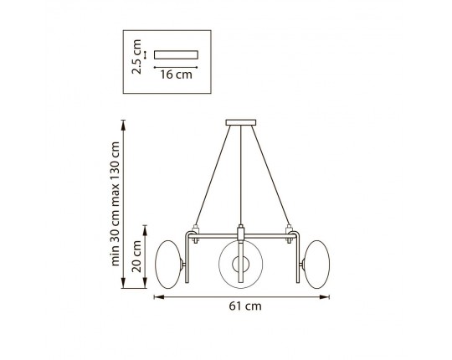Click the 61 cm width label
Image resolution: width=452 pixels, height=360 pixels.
245,306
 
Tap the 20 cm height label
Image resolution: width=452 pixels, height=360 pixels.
136,256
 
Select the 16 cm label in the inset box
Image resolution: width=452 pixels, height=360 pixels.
176,75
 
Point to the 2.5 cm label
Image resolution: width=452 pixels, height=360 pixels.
136,57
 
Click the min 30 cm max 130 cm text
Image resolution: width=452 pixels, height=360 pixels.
115,203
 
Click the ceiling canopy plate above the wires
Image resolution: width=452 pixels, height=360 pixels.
241,123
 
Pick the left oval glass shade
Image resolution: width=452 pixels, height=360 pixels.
169,265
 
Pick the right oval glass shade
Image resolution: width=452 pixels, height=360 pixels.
316,265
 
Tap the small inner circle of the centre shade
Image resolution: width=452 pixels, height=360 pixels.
241,264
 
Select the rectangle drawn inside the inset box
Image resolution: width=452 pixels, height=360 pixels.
176,54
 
